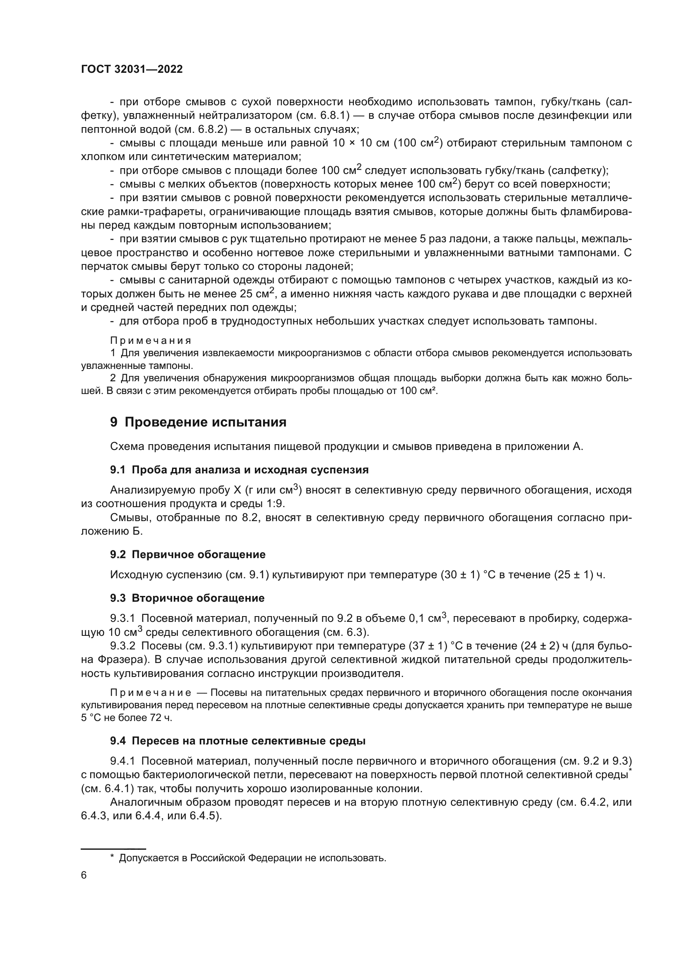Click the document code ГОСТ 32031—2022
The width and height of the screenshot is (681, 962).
tap(132, 70)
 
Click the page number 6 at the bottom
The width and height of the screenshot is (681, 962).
tap(84, 875)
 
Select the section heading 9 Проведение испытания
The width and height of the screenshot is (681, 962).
tap(198, 422)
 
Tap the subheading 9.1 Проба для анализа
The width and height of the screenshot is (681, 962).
tap(239, 470)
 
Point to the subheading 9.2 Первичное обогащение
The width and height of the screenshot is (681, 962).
tap(187, 554)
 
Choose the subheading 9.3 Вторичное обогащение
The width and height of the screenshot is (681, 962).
tap(187, 598)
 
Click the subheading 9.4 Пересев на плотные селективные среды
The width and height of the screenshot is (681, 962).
tap(237, 741)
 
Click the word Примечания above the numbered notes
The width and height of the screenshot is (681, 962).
tap(151, 340)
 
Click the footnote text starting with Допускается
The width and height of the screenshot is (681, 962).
tap(252, 858)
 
